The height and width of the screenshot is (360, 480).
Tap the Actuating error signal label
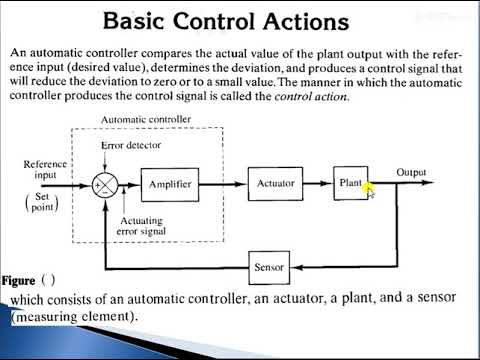tap(149, 226)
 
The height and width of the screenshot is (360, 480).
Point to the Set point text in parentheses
tap(40, 203)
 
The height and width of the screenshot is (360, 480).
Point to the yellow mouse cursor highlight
tap(368, 187)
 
